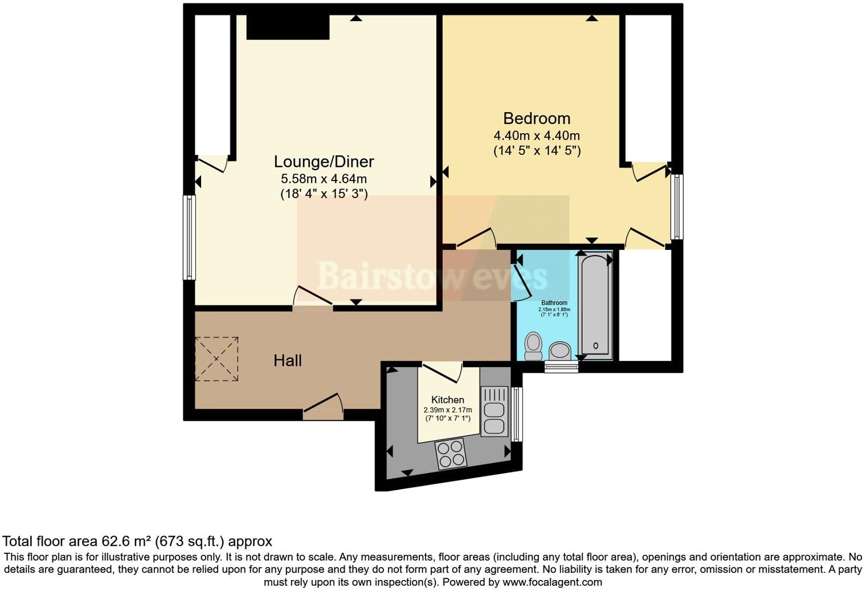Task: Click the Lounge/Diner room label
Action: [x=324, y=162]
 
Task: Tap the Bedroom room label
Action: [x=537, y=118]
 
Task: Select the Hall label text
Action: [x=288, y=360]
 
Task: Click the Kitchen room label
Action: [x=447, y=400]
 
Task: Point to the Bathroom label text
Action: [x=554, y=303]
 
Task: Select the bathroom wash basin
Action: [x=560, y=351]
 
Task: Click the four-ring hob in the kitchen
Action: [x=451, y=455]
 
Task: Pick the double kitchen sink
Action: [x=493, y=411]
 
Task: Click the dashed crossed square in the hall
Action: [x=217, y=359]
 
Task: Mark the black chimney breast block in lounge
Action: [x=288, y=27]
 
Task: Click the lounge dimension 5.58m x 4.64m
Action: [x=324, y=179]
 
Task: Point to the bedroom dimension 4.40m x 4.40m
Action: [x=537, y=135]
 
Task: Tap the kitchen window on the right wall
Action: [x=516, y=414]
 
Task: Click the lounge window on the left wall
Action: [x=189, y=237]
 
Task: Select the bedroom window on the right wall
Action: [x=677, y=207]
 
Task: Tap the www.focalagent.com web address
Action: [x=552, y=582]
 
